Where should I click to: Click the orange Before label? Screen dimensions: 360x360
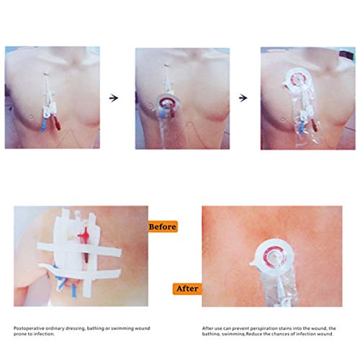tap(163, 227)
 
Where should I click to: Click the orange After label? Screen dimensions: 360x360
tap(187, 289)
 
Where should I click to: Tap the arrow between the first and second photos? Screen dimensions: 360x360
tap(114, 98)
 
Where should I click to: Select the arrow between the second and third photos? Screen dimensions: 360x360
tap(243, 98)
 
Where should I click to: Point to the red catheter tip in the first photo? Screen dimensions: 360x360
tap(57, 124)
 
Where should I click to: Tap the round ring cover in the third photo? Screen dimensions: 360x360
tap(297, 79)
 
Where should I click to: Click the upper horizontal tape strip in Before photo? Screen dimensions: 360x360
tap(79, 250)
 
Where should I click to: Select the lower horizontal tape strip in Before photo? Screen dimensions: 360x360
tap(80, 271)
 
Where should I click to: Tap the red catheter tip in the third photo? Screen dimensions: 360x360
tap(314, 125)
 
